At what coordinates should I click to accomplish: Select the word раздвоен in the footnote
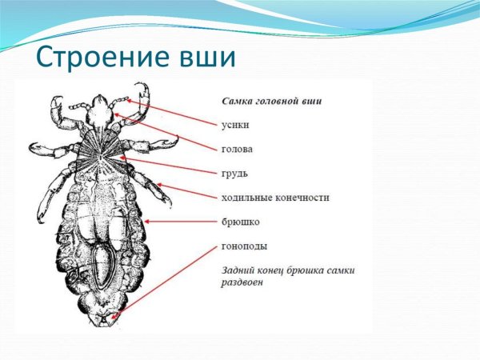tap(245, 283)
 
